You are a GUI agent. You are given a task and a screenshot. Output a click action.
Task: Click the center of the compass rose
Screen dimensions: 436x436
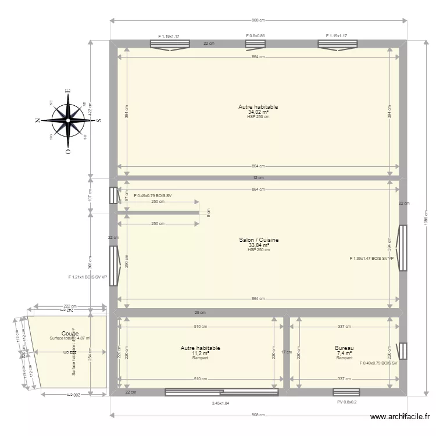[x=68, y=120]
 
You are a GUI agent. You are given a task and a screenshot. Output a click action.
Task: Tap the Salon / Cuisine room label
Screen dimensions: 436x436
[x=259, y=240]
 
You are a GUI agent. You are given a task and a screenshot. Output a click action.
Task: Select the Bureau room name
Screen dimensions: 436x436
[x=344, y=348]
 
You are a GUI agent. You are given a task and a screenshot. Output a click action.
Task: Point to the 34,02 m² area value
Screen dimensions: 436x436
[x=259, y=112]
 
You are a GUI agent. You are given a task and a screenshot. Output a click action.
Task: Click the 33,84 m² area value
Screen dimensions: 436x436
[x=259, y=245]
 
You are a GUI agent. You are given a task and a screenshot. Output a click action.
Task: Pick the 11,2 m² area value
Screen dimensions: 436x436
[x=200, y=353]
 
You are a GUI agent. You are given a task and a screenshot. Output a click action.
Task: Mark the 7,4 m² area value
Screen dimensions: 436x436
[x=344, y=353]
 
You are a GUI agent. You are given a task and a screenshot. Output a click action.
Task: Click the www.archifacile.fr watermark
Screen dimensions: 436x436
[x=401, y=417]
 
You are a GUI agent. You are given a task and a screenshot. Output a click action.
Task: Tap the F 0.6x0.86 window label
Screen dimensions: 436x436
[x=255, y=36]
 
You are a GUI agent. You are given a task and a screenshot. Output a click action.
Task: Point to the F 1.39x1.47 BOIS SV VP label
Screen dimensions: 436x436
[x=371, y=258]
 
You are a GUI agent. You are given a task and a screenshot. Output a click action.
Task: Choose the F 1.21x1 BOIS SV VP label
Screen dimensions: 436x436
[x=88, y=277]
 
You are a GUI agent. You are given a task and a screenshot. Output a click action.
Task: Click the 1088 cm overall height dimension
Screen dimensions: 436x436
[x=426, y=221]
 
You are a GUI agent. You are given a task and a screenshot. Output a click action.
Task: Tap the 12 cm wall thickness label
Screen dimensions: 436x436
[x=258, y=178]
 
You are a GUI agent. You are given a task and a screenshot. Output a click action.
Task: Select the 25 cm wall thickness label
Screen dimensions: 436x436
[x=200, y=313]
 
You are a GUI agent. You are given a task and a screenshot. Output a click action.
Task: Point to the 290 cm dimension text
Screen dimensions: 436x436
[x=127, y=262]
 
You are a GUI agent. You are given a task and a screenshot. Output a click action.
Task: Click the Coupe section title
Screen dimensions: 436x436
[x=70, y=333]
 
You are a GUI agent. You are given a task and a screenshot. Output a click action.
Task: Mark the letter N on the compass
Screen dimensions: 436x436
[x=38, y=120]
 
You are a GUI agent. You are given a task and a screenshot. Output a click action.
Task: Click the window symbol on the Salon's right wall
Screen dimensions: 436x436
[x=402, y=248]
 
